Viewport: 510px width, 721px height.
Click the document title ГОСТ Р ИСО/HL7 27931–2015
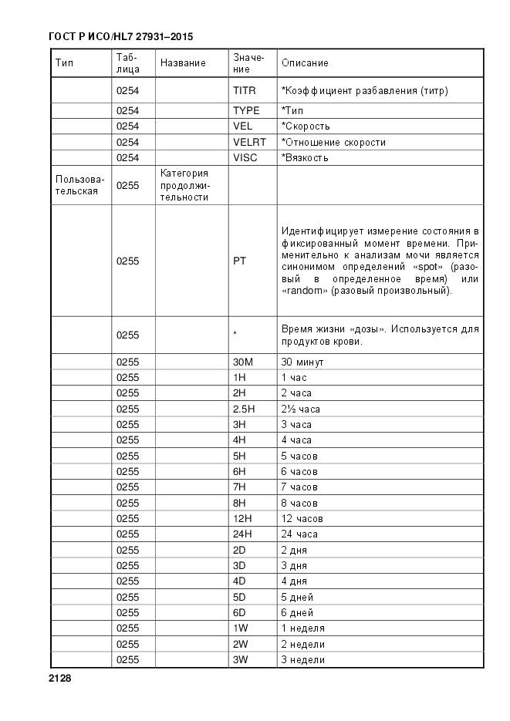pyautogui.click(x=121, y=36)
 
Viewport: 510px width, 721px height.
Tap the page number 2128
pyautogui.click(x=59, y=678)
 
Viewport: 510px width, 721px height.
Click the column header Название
pyautogui.click(x=183, y=62)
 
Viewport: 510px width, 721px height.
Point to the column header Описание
pyautogui.click(x=305, y=62)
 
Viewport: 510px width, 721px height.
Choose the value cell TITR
pyautogui.click(x=244, y=90)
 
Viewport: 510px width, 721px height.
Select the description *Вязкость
pyautogui.click(x=305, y=157)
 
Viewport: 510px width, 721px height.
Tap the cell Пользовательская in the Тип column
pyautogui.click(x=79, y=185)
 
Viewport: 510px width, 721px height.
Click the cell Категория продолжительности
pyautogui.click(x=184, y=185)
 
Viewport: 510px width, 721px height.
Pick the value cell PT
pyautogui.click(x=239, y=261)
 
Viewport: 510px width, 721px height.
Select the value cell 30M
pyautogui.click(x=243, y=362)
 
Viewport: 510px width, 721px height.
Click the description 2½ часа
pyautogui.click(x=300, y=409)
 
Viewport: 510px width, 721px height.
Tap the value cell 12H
pyautogui.click(x=242, y=518)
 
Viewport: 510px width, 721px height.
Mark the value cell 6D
pyautogui.click(x=239, y=612)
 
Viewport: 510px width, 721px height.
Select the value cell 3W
pyautogui.click(x=240, y=659)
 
